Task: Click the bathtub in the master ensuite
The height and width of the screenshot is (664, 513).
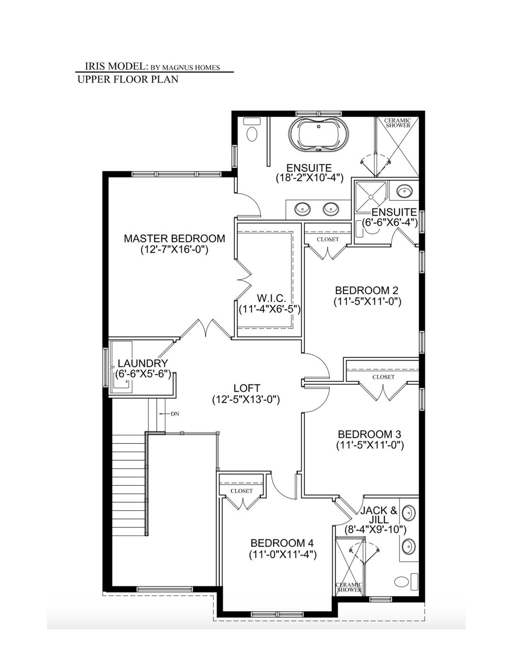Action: click(319, 134)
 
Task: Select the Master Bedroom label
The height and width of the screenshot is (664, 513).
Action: click(174, 239)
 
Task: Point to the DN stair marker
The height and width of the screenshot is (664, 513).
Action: click(175, 414)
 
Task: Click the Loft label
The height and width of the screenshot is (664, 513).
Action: click(246, 388)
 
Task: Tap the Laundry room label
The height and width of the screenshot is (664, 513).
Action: click(143, 363)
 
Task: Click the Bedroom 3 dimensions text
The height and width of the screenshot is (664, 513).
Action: click(370, 445)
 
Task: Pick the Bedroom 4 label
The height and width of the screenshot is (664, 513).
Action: click(282, 543)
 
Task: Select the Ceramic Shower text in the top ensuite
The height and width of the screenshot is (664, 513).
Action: click(397, 123)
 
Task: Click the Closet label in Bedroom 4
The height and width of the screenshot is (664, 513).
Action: click(242, 491)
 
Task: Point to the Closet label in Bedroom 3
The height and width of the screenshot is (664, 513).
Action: click(383, 377)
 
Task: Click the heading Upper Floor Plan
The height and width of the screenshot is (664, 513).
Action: click(128, 80)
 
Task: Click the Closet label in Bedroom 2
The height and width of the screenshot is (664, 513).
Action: click(328, 239)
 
